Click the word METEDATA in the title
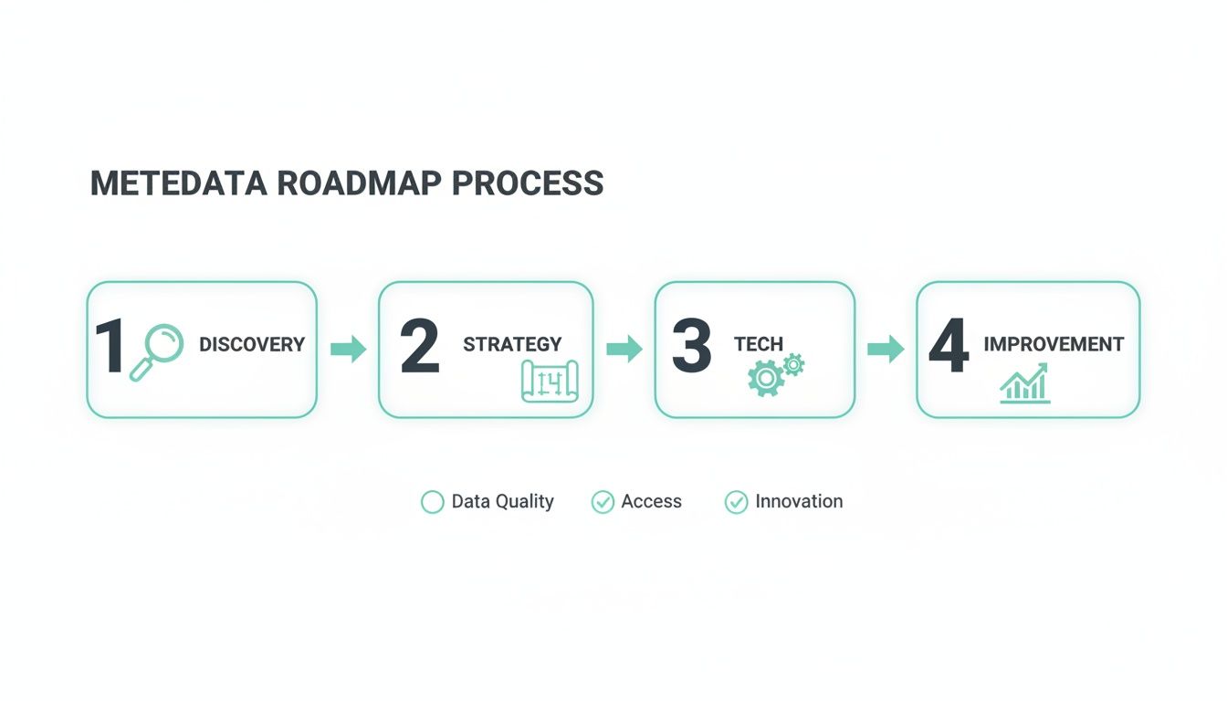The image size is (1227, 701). point(178,183)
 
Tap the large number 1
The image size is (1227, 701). point(110,348)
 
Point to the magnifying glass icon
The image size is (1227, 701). point(156,352)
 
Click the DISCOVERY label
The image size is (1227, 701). point(252,345)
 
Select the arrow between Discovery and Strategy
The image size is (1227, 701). point(348,349)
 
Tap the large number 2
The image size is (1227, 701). point(420,348)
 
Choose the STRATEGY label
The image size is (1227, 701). point(512,345)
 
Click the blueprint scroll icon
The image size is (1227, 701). point(550,380)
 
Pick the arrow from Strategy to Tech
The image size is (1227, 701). point(624,349)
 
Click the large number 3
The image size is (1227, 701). point(691,348)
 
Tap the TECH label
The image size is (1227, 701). point(759,345)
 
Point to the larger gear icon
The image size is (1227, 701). point(765,377)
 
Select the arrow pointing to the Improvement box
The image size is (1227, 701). point(885,349)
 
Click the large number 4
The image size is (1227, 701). point(948,348)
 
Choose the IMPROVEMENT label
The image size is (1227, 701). point(1054,345)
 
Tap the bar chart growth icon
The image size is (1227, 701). point(1024,383)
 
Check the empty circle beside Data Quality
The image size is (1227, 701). point(432,502)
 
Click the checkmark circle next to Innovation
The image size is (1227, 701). point(736,502)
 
